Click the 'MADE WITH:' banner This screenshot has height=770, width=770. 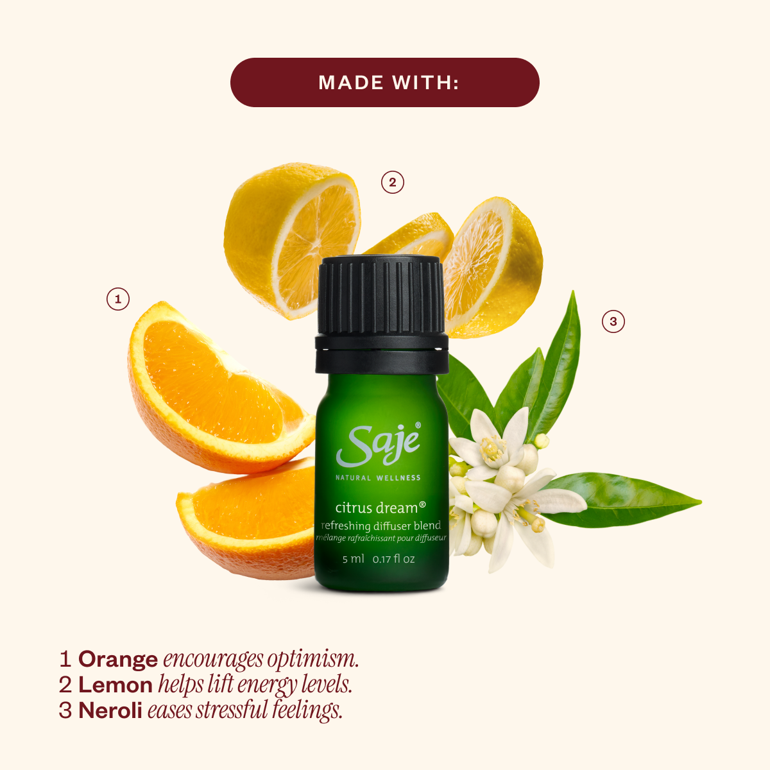point(385,82)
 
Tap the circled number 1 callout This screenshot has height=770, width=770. point(118,299)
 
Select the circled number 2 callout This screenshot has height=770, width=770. point(393,182)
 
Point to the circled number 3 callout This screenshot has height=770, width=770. point(613,321)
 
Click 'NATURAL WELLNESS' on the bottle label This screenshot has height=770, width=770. point(378,478)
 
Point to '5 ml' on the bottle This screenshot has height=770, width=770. point(353,559)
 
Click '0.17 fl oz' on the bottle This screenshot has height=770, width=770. point(394,559)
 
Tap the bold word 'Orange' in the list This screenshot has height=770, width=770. point(118,659)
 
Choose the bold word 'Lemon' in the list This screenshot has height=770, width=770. point(116,685)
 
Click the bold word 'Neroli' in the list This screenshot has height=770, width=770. point(110,710)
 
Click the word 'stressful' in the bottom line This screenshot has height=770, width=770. point(232,710)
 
